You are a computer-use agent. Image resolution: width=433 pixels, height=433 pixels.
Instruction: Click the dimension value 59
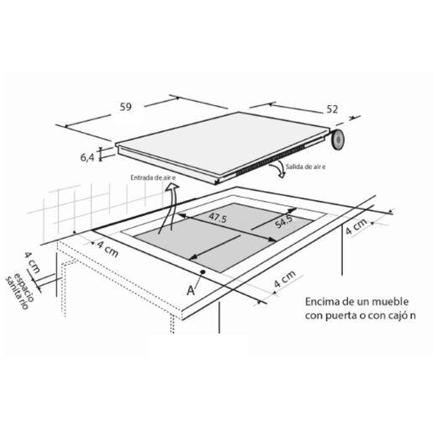125,107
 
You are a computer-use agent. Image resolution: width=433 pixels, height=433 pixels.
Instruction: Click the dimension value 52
332,109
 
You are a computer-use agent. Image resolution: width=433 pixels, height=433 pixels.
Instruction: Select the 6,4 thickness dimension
87,157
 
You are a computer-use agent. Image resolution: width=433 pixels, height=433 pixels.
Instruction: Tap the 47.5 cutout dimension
218,217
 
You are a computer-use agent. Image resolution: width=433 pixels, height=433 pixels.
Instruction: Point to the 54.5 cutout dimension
283,221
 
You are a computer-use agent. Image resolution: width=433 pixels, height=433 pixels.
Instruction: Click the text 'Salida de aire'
305,166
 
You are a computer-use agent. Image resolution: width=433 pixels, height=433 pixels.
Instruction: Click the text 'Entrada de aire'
153,177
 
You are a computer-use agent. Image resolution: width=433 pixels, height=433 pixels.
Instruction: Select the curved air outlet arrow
277,171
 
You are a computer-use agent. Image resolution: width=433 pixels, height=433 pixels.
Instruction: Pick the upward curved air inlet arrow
169,208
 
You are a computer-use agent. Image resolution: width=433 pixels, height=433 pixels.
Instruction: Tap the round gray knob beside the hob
337,140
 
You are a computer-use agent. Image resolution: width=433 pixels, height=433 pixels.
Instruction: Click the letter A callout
191,290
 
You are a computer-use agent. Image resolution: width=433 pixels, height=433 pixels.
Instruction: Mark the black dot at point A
203,272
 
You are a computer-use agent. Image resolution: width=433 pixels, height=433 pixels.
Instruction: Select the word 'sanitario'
17,293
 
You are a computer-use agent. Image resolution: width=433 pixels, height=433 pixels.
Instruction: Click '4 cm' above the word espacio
33,262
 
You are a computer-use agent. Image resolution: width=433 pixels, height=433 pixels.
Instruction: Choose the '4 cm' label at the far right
356,226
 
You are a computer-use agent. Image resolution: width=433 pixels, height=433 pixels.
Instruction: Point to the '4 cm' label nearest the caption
284,278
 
